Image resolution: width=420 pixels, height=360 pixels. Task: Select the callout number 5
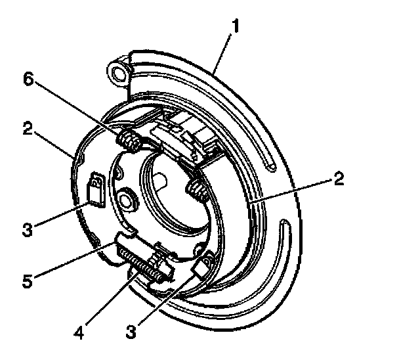(28, 281)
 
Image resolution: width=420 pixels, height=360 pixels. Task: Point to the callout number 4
(79, 332)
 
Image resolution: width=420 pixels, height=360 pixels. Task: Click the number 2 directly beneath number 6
(28, 128)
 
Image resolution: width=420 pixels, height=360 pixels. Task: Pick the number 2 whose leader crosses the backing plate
(339, 179)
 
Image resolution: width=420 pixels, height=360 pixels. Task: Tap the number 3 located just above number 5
(28, 230)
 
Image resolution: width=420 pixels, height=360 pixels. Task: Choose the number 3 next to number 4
(131, 331)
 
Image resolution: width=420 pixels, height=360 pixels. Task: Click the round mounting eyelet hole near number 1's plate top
(118, 73)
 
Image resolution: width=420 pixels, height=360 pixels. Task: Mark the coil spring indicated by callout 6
(129, 141)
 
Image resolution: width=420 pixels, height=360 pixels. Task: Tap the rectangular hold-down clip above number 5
(96, 190)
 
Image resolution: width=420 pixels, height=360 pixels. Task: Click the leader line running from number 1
(222, 53)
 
